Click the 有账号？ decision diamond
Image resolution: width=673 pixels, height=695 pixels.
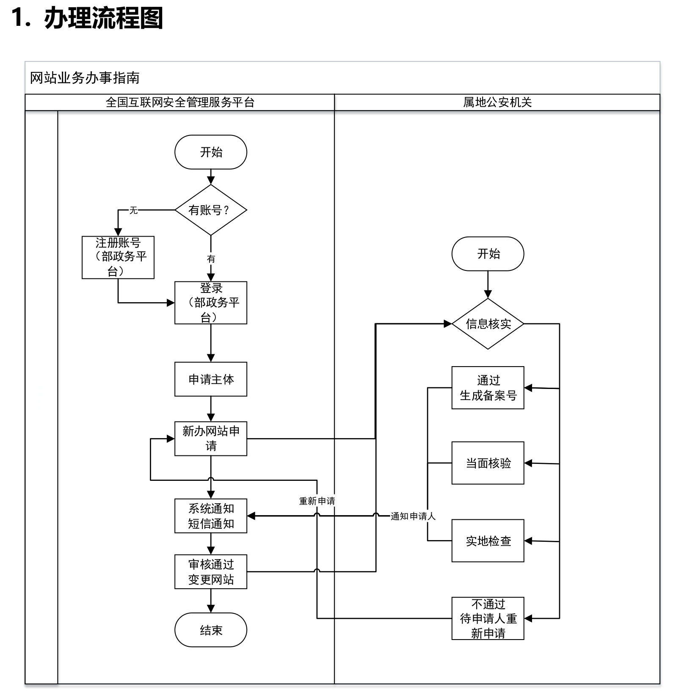tap(210, 210)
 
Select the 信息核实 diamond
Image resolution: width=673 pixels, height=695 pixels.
tap(488, 324)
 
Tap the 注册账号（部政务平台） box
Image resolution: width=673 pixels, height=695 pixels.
tap(118, 257)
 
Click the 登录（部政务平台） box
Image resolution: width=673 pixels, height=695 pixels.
tap(210, 303)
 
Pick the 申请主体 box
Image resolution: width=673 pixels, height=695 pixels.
tap(210, 379)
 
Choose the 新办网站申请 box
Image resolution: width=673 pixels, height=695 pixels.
tap(210, 439)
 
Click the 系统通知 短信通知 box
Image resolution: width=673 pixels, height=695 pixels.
tap(210, 516)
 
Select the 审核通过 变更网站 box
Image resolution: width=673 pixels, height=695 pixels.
tap(210, 572)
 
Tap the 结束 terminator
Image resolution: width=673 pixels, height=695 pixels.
tap(210, 630)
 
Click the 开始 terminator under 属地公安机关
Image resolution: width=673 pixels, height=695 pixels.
tap(488, 254)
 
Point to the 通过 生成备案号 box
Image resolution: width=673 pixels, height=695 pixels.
tap(488, 388)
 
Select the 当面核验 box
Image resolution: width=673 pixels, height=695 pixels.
tap(488, 463)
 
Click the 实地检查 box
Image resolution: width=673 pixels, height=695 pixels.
tap(488, 541)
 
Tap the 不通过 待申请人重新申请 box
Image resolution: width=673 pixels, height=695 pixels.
tap(488, 618)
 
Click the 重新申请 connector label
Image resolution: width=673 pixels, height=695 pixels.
tap(317, 501)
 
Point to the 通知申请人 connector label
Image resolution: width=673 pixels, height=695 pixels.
tap(413, 516)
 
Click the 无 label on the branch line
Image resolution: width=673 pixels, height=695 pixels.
tap(134, 210)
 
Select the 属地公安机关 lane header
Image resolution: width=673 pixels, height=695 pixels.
tap(497, 102)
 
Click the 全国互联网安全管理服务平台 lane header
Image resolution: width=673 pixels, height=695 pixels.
tap(180, 102)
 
